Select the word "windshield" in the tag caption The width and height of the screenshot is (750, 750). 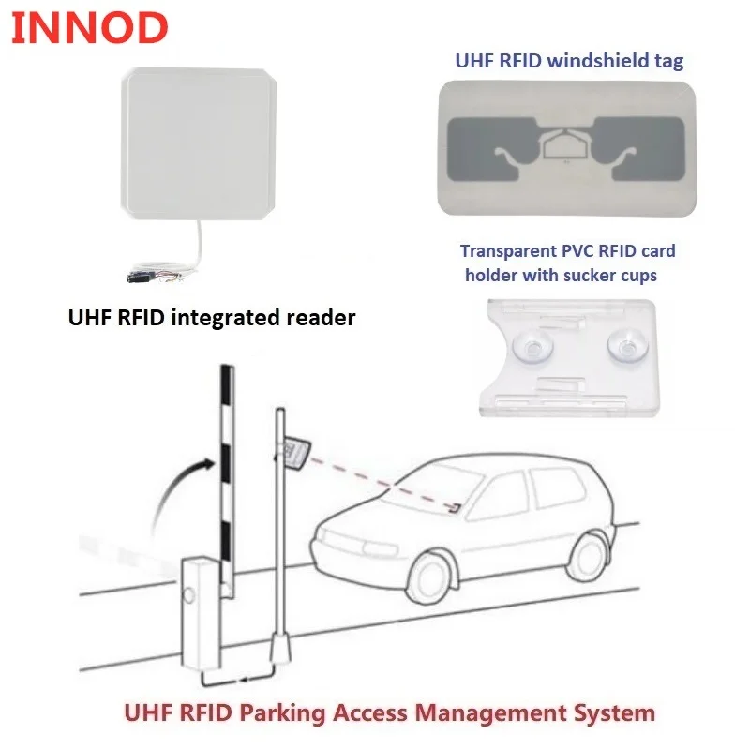pos(583,62)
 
